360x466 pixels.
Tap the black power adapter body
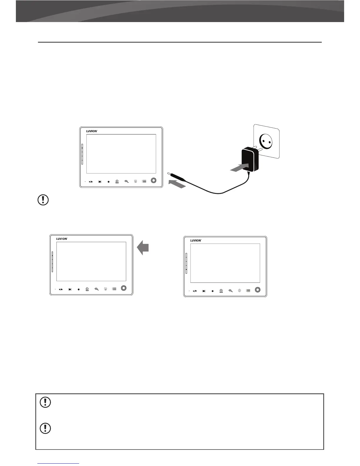click(249, 160)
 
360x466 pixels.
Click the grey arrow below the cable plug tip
click(177, 184)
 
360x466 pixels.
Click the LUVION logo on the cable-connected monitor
click(91, 131)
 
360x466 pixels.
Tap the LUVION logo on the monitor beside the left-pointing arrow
click(62, 239)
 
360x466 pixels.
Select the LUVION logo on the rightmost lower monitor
click(196, 240)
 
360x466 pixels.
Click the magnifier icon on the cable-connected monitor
click(126, 181)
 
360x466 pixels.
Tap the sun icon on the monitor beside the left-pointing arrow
click(105, 289)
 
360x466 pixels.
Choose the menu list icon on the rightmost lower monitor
click(248, 291)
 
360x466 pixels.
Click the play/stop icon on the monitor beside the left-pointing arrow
click(61, 289)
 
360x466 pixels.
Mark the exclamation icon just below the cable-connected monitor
click(43, 200)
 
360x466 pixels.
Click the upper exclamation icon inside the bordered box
click(45, 402)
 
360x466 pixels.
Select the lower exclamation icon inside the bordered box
click(45, 428)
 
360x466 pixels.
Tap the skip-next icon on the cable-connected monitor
click(100, 182)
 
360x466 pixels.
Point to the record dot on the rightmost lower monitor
click(212, 291)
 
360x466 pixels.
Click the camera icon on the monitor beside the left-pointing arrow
click(87, 289)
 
